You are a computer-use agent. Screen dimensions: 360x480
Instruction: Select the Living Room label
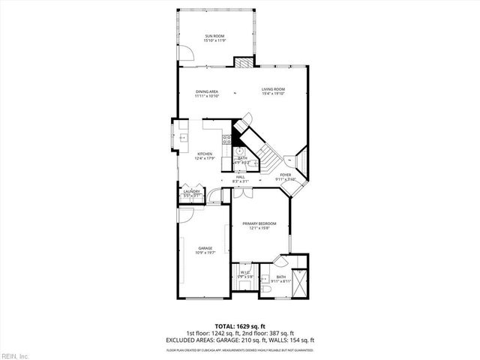(273, 91)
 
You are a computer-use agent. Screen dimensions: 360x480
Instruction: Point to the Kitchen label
(193, 154)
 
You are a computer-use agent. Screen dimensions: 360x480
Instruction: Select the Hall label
(240, 177)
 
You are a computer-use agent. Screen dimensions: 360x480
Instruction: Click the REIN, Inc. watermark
(14, 355)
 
